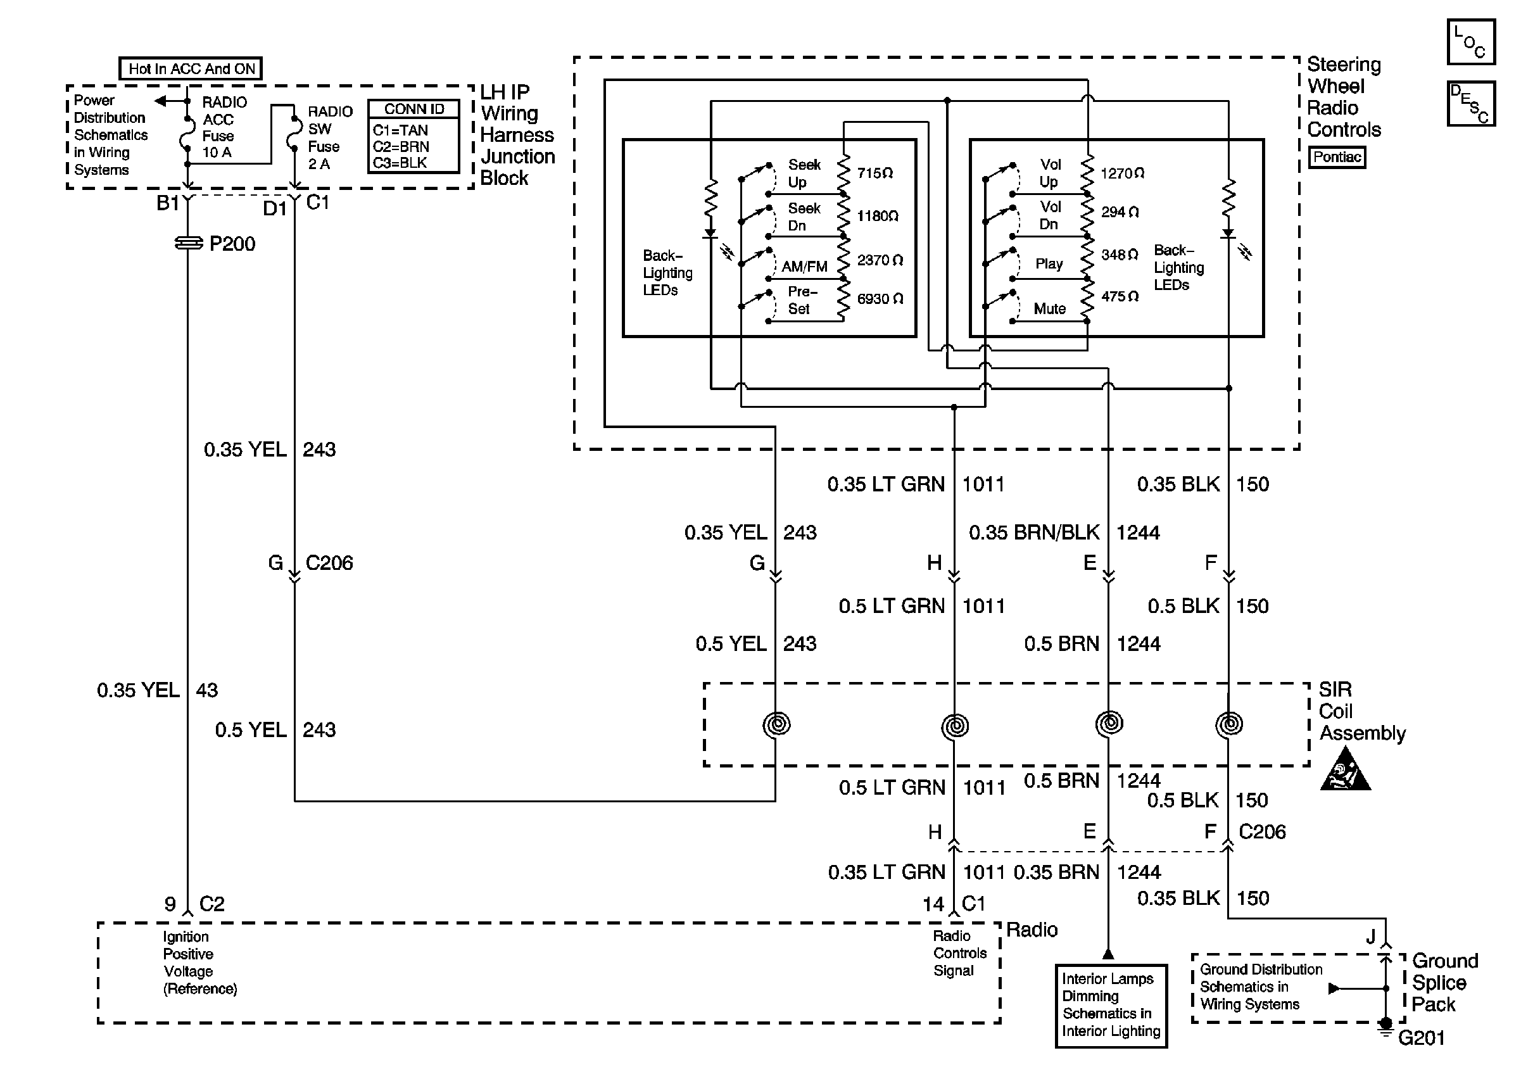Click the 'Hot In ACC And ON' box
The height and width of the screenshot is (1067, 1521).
coord(191,69)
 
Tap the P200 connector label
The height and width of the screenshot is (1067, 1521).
coord(231,244)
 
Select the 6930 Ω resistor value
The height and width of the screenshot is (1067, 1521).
coord(880,299)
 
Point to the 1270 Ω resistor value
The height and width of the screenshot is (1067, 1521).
coord(1122,174)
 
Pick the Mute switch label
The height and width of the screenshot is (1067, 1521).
coord(1049,308)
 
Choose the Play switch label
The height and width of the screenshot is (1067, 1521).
coord(1049,263)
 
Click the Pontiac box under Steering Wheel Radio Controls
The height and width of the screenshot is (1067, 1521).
coord(1337,157)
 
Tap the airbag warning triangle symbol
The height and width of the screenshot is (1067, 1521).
coord(1346,769)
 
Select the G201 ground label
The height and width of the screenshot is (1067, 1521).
coord(1422,1038)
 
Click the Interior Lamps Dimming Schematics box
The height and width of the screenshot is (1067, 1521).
coord(1111,1005)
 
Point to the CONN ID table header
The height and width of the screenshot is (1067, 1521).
coord(414,110)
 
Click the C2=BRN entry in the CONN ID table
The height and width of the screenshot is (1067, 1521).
coord(401,146)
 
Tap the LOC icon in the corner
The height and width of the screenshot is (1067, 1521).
coord(1470,42)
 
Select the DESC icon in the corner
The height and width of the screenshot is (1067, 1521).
coord(1470,104)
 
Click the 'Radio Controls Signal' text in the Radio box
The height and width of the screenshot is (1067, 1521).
coord(959,953)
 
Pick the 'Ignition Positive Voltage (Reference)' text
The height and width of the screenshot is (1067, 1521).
coord(199,963)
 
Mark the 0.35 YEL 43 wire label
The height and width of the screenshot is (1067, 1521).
coord(157,690)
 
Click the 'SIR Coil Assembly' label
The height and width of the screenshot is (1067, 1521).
coord(1361,711)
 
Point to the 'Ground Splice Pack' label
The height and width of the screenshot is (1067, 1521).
coord(1444,982)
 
